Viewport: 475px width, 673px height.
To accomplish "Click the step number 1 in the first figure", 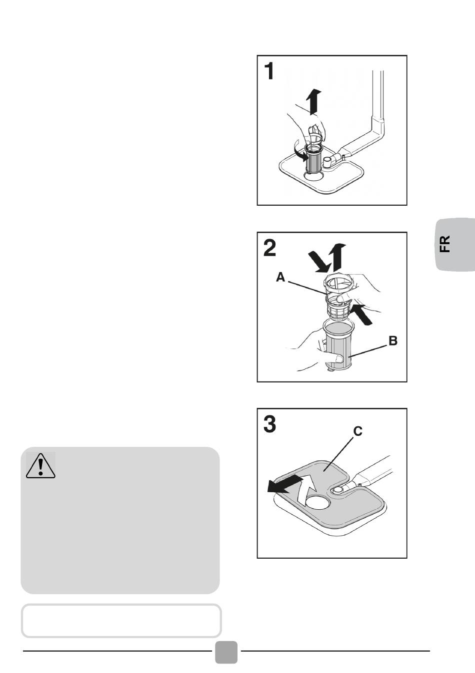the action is point(269,71).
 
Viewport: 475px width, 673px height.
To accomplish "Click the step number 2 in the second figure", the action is point(269,248).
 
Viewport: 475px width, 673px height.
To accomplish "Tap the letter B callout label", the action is point(393,341).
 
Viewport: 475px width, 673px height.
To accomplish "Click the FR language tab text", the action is point(445,244).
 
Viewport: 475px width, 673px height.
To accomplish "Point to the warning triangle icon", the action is point(40,465).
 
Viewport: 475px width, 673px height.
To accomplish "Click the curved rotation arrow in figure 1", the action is point(298,152).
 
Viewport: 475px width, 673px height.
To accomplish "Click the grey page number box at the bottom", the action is point(226,652).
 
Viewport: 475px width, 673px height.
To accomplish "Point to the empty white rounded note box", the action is point(121,621).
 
